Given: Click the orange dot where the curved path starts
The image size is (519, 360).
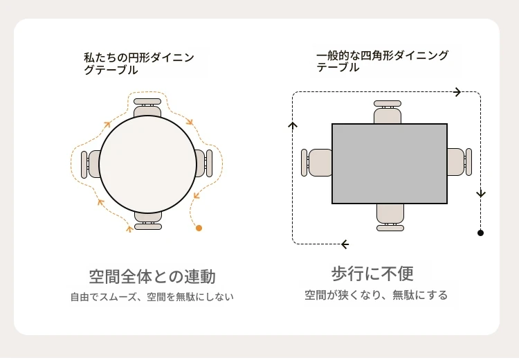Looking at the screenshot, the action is [199, 228].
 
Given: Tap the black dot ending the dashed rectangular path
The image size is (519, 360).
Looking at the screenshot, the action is [480, 233].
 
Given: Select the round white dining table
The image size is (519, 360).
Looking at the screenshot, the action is [147, 164].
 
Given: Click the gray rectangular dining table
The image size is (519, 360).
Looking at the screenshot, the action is [390, 163].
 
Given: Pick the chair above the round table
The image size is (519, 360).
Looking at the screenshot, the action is [147, 107].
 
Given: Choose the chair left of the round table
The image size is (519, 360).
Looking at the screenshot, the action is [91, 164].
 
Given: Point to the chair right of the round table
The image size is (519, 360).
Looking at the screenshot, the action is [203, 163].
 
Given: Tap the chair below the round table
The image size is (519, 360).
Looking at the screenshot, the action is [148, 221].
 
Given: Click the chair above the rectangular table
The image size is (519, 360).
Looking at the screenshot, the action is [388, 112].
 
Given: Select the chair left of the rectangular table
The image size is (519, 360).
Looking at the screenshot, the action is [316, 162].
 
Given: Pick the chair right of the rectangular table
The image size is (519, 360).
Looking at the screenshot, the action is [459, 162].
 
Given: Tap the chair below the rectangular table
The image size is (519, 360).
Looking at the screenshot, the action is [390, 217].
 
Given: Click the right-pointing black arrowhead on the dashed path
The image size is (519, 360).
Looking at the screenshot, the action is [457, 92].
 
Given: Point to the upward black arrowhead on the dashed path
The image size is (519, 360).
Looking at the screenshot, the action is [293, 125].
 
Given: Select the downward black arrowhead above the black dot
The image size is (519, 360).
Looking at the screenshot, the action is [481, 194].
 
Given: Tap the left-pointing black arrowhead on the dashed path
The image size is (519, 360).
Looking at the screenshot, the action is [345, 244].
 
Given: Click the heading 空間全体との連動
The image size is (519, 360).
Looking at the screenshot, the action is [152, 276].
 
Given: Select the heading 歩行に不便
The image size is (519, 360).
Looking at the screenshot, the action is [372, 274].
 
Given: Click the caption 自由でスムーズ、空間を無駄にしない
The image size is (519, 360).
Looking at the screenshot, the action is [152, 297].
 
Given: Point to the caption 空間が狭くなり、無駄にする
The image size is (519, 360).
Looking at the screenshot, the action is [376, 295].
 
